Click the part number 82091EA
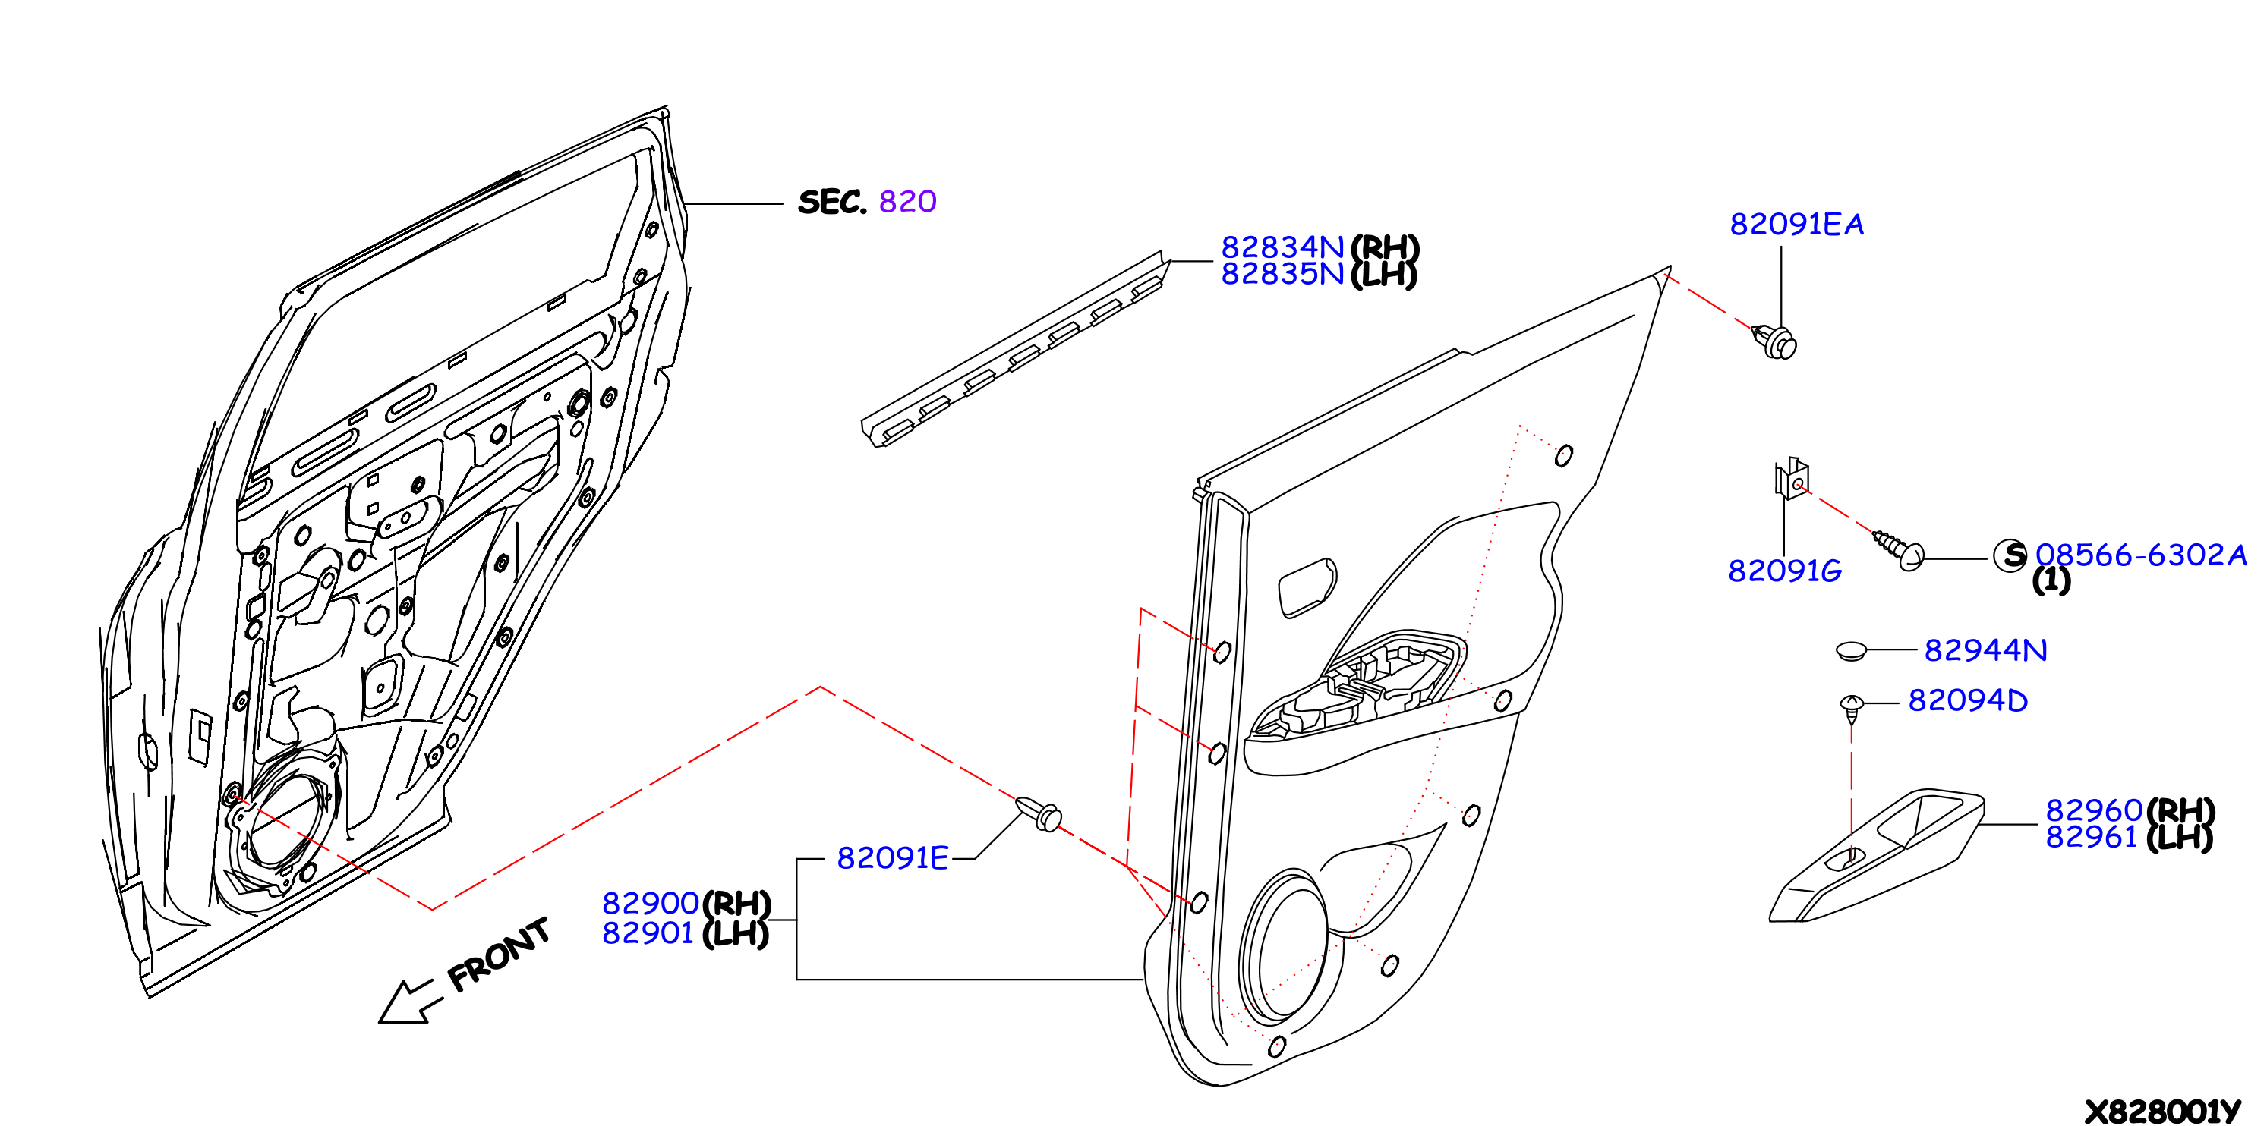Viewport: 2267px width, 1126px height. pyautogui.click(x=1796, y=225)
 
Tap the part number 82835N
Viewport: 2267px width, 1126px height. pyautogui.click(x=1282, y=274)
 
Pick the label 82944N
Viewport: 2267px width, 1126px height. pyautogui.click(x=1985, y=650)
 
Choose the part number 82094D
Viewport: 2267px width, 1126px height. pyautogui.click(x=1968, y=700)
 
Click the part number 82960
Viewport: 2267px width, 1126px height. pyautogui.click(x=2094, y=810)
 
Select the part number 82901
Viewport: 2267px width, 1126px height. pyautogui.click(x=648, y=933)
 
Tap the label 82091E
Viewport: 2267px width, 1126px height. pyautogui.click(x=892, y=857)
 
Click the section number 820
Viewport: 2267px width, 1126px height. pyautogui.click(x=907, y=201)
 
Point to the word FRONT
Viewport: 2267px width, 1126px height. pyautogui.click(x=498, y=955)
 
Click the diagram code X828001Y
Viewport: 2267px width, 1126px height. pyautogui.click(x=2162, y=1111)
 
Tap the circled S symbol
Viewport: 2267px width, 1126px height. pyautogui.click(x=2011, y=555)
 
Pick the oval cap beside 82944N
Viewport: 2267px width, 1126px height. pyautogui.click(x=1852, y=651)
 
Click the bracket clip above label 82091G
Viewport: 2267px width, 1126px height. pyautogui.click(x=1791, y=479)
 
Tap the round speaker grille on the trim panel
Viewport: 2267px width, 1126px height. pyautogui.click(x=1284, y=948)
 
